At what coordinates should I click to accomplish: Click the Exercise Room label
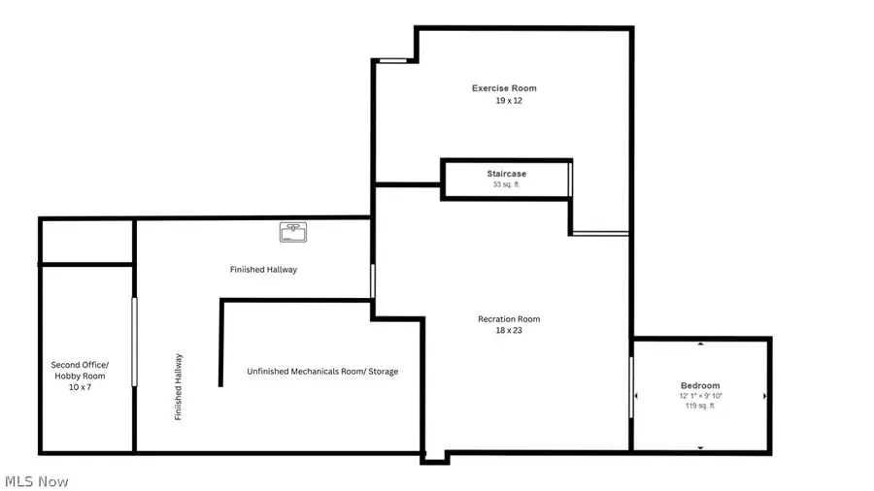pos(504,88)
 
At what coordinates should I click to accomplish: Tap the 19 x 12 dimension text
pos(504,101)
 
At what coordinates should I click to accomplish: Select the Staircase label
pos(507,174)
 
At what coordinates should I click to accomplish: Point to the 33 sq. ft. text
pos(507,184)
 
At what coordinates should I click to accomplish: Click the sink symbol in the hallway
pos(293,232)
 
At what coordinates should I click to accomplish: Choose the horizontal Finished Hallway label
pos(263,270)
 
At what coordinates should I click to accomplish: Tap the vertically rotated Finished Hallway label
pos(179,386)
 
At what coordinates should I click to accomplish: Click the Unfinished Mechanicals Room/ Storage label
pos(322,372)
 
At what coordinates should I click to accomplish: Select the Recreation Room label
pos(509,319)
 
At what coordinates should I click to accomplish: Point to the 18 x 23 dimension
pos(509,331)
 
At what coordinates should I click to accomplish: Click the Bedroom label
pos(700,385)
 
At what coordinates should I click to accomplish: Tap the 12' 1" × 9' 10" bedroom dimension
pos(700,396)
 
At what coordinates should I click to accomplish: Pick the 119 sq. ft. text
pos(700,406)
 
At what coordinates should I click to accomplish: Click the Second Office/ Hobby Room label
pos(80,370)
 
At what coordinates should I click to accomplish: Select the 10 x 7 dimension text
pos(80,386)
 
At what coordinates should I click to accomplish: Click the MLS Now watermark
pos(37,481)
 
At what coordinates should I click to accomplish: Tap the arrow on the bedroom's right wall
pos(764,396)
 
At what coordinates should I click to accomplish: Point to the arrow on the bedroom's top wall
pos(700,344)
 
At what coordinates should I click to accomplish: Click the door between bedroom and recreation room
pos(631,388)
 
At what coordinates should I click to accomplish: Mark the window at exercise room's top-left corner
pos(393,60)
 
